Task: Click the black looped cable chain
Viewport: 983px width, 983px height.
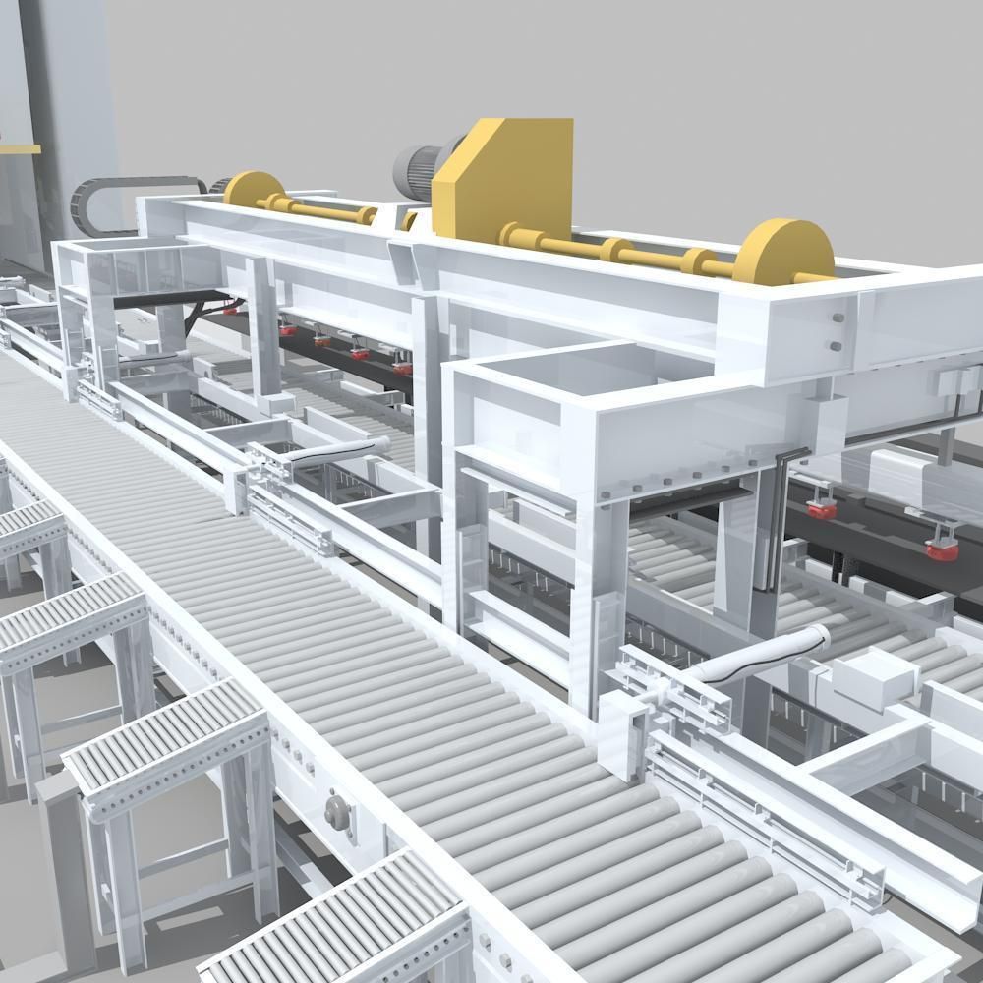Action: point(138,201)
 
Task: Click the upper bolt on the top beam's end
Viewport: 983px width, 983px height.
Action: point(837,318)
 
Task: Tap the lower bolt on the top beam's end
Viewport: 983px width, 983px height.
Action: point(836,345)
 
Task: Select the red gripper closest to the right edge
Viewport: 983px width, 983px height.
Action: point(942,547)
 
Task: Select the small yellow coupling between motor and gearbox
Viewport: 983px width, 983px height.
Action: point(408,221)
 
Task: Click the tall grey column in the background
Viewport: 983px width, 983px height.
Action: point(74,98)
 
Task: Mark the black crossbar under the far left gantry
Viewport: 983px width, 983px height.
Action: point(167,298)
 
